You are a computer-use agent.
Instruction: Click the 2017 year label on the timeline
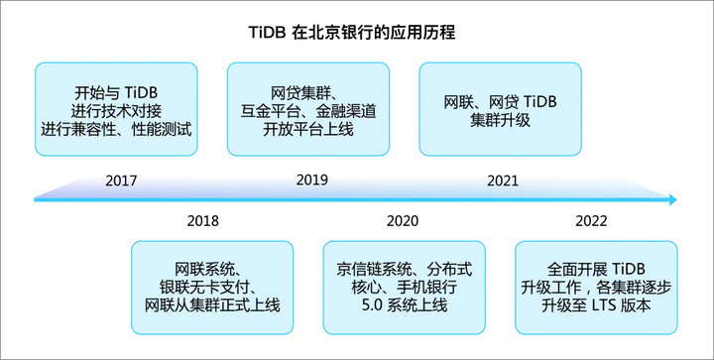click(120, 182)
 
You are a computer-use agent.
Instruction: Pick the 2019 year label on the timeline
click(311, 181)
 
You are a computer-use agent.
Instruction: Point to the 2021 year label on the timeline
click(502, 181)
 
